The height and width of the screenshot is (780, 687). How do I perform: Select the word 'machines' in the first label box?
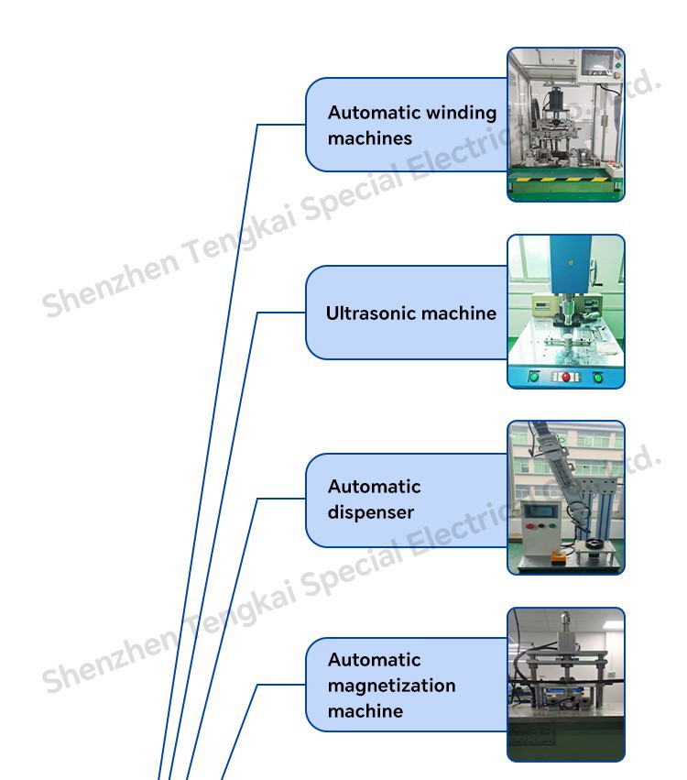click(370, 138)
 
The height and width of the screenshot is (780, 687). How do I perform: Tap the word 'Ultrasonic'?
click(366, 313)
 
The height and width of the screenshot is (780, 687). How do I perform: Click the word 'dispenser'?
click(371, 512)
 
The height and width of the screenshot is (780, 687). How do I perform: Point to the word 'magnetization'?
click(391, 685)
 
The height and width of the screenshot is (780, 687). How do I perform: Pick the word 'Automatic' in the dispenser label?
click(375, 486)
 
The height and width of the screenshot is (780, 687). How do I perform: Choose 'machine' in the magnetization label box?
click(365, 710)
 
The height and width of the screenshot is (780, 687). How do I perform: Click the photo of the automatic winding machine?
click(566, 125)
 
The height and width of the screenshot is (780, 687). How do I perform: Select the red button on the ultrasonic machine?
click(566, 376)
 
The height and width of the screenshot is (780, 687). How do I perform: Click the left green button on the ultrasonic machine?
click(534, 376)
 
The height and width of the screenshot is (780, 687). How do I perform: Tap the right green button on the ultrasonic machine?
click(598, 376)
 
